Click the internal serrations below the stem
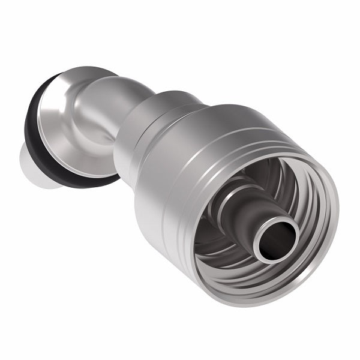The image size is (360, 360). click(x=240, y=264)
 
